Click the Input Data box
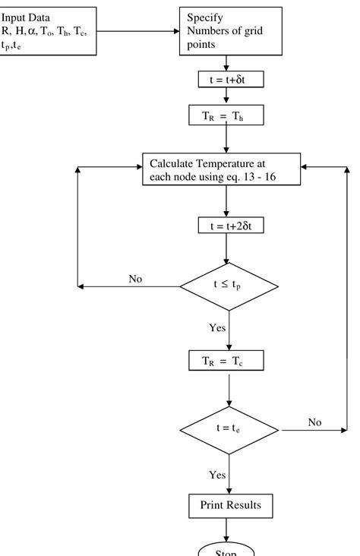click(x=49, y=31)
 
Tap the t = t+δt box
click(x=229, y=79)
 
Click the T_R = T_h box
click(x=229, y=116)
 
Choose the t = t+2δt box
click(x=229, y=226)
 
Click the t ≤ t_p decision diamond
click(x=229, y=287)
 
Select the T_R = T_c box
click(x=229, y=361)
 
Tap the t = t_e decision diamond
click(x=229, y=428)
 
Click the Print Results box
click(x=229, y=504)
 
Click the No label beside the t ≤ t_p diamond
click(x=135, y=279)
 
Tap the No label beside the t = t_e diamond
click(x=314, y=421)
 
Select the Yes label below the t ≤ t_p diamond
click(x=217, y=327)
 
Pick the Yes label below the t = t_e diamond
click(x=217, y=475)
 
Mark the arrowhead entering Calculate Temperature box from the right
click(x=305, y=166)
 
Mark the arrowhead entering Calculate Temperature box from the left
click(x=138, y=166)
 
